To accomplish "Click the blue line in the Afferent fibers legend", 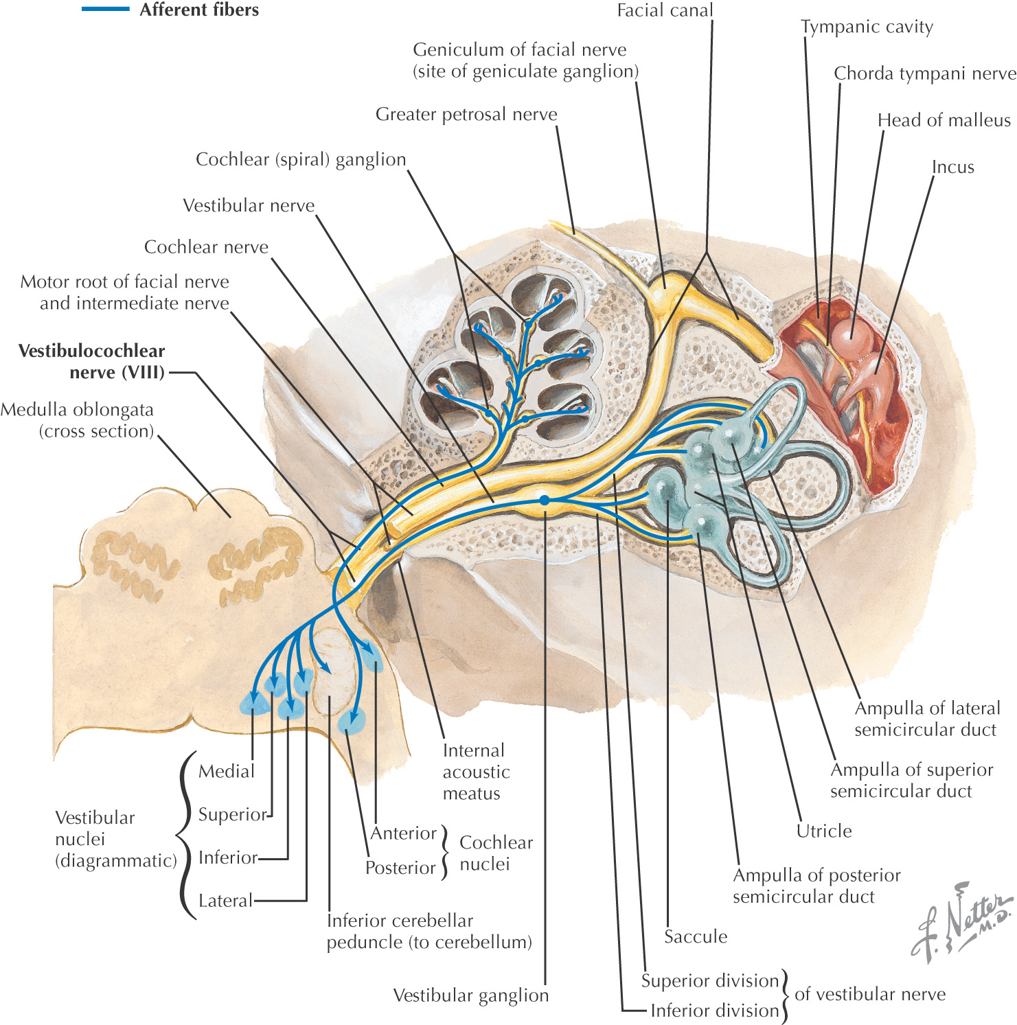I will pos(105,10).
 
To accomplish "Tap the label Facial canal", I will pos(665,10).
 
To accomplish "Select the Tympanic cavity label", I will pos(867,27).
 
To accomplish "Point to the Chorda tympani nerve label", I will pos(924,73).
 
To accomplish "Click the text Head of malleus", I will pos(944,120).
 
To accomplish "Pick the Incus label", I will pos(952,167).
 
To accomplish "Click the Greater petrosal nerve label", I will pos(466,114).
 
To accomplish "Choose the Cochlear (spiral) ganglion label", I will pos(301,159).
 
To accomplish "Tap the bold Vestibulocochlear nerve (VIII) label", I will pos(92,362).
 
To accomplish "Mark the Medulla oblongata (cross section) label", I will pos(77,420).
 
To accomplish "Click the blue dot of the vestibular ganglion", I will pos(545,500).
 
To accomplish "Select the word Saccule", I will pos(695,936).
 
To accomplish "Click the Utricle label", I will pos(823,831).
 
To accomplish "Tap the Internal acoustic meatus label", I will pos(475,772).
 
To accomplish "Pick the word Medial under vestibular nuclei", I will pos(226,771).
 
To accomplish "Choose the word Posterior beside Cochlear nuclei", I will pos(400,868).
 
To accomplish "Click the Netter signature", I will pos(961,920).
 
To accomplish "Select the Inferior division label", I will pos(714,1011).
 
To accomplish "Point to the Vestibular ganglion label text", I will pos(470,995).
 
